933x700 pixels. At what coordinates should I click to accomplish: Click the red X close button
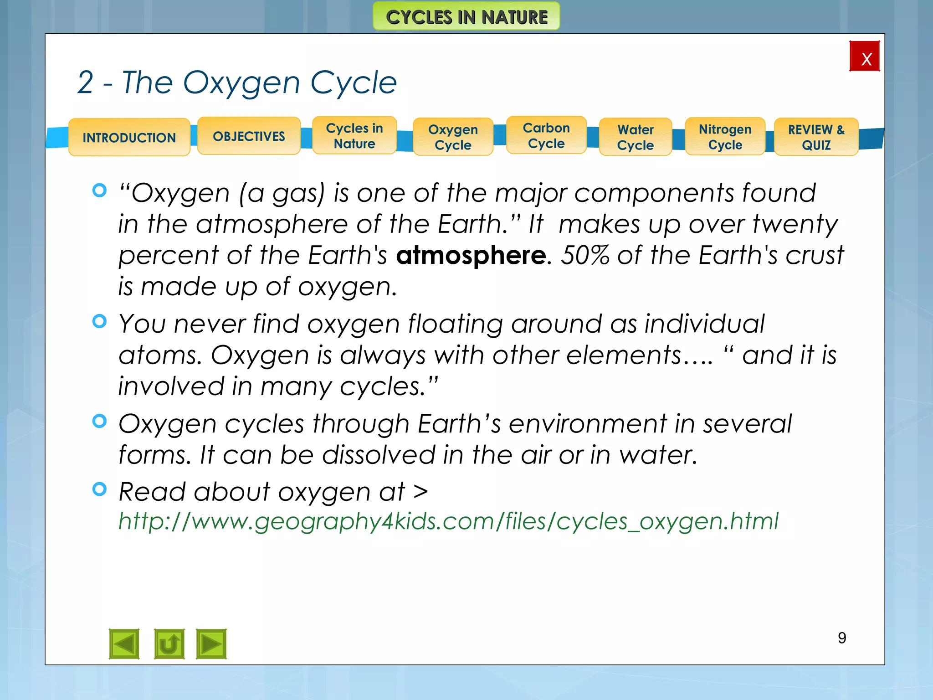click(864, 57)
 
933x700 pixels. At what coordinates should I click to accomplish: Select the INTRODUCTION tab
click(129, 137)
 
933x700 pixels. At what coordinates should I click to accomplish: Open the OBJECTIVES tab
click(249, 136)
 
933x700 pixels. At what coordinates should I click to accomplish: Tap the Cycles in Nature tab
click(354, 136)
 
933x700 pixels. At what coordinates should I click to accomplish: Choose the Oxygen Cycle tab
click(453, 137)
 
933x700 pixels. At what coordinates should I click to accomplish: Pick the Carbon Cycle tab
click(546, 135)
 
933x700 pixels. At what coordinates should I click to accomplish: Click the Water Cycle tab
click(636, 137)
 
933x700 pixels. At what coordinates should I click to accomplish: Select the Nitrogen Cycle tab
click(725, 137)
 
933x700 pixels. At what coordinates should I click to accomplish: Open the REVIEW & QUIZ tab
click(816, 137)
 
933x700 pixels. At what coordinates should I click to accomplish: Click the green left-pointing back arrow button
click(124, 644)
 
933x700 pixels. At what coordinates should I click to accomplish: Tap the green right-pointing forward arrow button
click(211, 644)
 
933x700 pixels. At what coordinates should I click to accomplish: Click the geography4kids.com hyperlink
click(448, 521)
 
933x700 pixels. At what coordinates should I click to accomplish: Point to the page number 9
click(842, 638)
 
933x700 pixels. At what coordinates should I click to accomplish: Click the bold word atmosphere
click(471, 255)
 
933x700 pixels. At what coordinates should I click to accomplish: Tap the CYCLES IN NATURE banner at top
click(466, 17)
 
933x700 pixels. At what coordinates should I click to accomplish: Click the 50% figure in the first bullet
click(584, 255)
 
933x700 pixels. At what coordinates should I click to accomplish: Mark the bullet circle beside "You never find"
click(99, 322)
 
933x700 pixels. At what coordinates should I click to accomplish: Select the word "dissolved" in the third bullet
click(379, 455)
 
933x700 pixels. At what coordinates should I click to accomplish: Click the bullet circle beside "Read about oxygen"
click(99, 489)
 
